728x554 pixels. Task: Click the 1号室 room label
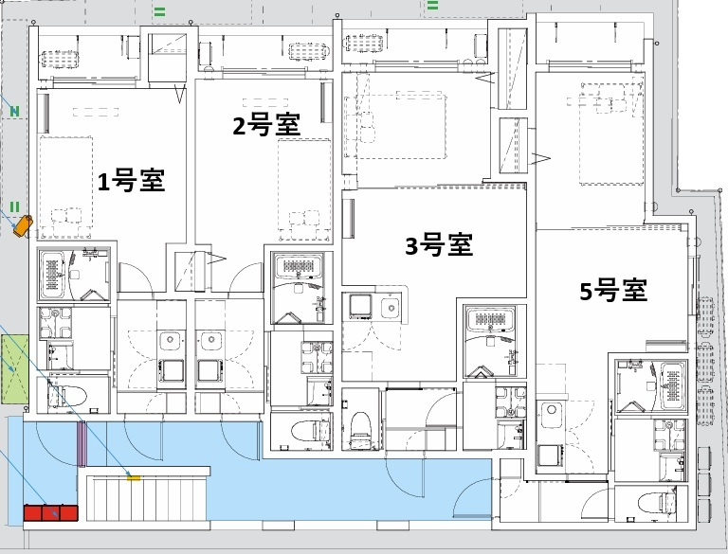point(132,181)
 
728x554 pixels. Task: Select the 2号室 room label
point(267,125)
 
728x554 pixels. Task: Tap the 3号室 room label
point(439,245)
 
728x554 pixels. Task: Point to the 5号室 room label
point(613,291)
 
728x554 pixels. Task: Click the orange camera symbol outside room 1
point(22,225)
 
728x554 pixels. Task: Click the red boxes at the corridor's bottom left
point(49,513)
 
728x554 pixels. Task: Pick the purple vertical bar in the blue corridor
point(82,443)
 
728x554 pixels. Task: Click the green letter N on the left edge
point(14,112)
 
